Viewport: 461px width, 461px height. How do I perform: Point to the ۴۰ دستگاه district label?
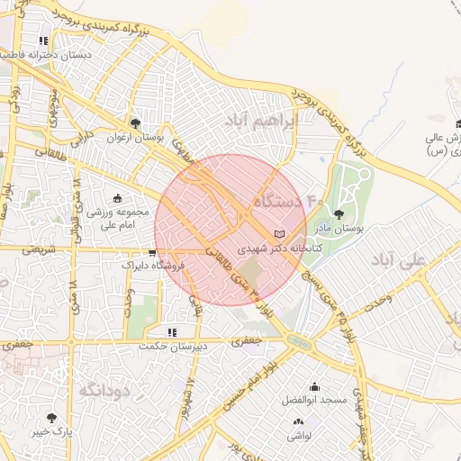[x=287, y=200]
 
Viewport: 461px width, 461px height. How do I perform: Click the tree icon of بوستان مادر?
[x=339, y=214]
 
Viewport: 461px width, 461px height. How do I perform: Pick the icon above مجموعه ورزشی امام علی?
[x=118, y=198]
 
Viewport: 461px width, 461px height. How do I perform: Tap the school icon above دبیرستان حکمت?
[x=172, y=332]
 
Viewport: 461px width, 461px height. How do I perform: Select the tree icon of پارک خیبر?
[x=50, y=418]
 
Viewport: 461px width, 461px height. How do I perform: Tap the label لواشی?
[x=301, y=436]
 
